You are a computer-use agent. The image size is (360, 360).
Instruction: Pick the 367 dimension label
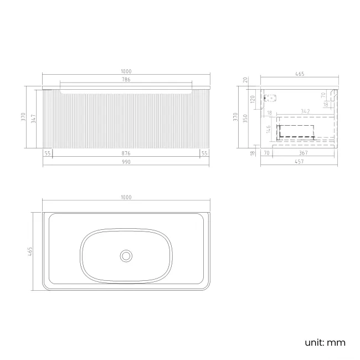pyautogui.click(x=303, y=153)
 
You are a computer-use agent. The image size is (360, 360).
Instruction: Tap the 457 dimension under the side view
pyautogui.click(x=299, y=162)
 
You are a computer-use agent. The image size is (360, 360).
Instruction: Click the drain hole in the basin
pyautogui.click(x=126, y=255)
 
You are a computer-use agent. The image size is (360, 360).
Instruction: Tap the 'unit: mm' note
pyautogui.click(x=325, y=342)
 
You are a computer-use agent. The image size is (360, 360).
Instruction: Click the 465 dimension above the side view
pyautogui.click(x=299, y=73)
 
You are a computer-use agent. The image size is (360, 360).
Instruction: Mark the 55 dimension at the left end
pyautogui.click(x=48, y=153)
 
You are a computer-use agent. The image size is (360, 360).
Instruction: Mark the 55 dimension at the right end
pyautogui.click(x=204, y=153)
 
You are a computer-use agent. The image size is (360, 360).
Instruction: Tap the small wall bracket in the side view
pyautogui.click(x=270, y=99)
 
